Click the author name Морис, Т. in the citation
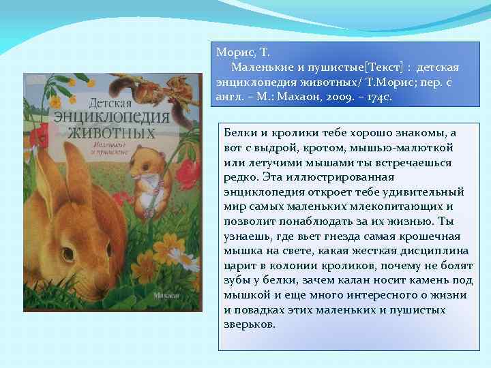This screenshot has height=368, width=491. click(242, 52)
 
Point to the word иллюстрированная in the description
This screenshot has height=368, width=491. click(375, 177)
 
